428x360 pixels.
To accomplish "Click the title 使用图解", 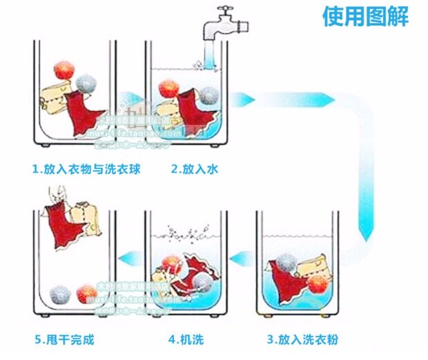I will point(365,15).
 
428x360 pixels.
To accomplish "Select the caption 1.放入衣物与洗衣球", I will point(86,168).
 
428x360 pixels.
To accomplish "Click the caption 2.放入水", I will point(195,168).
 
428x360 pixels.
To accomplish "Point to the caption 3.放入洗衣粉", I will point(303,339).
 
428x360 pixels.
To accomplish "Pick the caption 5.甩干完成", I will point(64,339).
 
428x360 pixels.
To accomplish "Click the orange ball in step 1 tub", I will point(65,71).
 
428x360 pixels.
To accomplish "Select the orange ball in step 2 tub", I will point(168,88).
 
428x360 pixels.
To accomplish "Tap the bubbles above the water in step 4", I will point(185,231).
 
